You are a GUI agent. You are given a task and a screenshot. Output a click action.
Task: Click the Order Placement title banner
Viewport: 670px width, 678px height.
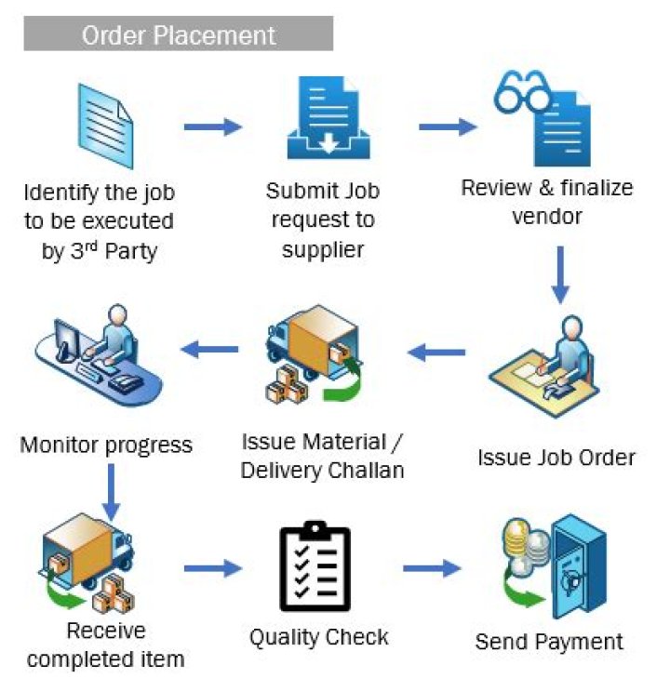[x=178, y=35]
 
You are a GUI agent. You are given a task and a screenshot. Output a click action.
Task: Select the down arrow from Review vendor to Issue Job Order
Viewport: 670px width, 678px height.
[x=559, y=275]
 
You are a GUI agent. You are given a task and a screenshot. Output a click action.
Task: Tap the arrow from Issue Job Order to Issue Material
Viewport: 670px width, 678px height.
[x=438, y=352]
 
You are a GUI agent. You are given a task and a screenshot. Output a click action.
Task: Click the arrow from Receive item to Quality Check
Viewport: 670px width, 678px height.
[x=213, y=566]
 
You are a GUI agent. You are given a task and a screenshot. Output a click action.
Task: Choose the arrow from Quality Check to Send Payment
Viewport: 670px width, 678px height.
[x=432, y=566]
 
